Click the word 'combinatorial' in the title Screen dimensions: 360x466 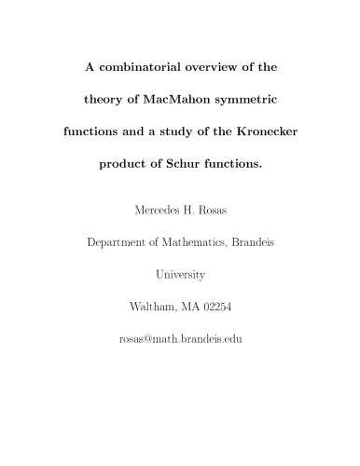point(131,68)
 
